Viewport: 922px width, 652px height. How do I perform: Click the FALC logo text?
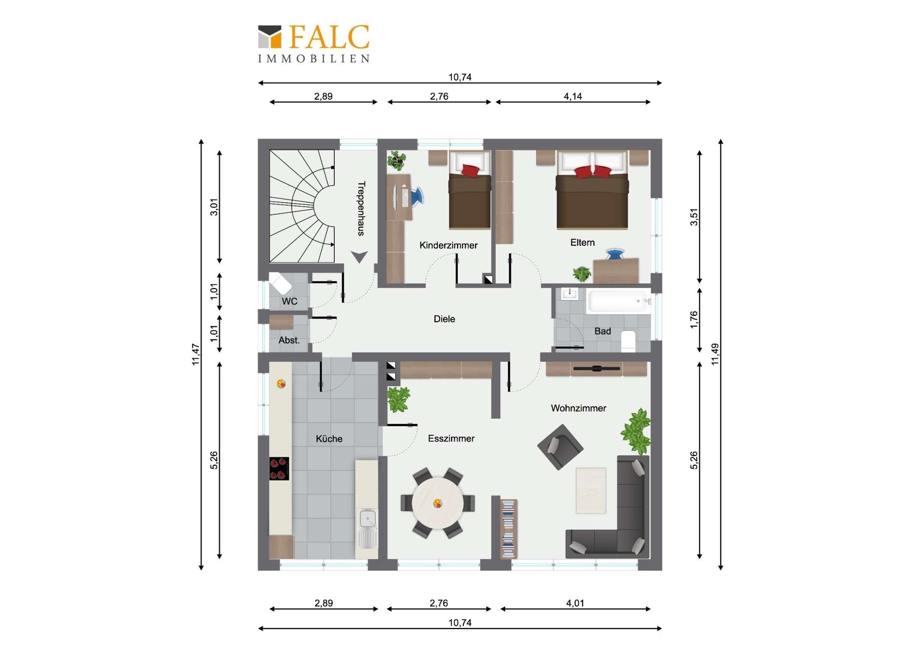click(329, 37)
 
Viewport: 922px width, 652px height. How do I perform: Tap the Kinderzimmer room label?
click(449, 245)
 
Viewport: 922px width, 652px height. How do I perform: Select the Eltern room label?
click(582, 243)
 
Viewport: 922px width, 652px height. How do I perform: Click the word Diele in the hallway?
click(444, 319)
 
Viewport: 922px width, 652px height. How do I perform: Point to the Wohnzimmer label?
click(578, 408)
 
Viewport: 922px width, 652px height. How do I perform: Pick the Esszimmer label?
click(451, 438)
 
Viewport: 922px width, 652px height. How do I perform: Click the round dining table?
click(437, 503)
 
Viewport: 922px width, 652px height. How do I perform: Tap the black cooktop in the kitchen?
click(279, 468)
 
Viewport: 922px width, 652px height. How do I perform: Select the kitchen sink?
click(368, 529)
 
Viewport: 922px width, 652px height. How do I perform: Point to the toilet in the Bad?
click(628, 341)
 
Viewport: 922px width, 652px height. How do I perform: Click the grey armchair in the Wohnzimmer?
click(560, 446)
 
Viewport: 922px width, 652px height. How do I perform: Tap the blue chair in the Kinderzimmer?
click(416, 197)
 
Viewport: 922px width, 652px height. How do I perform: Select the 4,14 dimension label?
click(572, 96)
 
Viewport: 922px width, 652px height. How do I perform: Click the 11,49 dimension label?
click(715, 354)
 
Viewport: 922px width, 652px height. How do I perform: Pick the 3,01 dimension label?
click(214, 207)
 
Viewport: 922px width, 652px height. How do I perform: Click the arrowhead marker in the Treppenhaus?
click(359, 257)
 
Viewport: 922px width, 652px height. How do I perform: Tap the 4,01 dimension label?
click(575, 603)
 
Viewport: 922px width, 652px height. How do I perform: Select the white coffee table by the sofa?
click(591, 490)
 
